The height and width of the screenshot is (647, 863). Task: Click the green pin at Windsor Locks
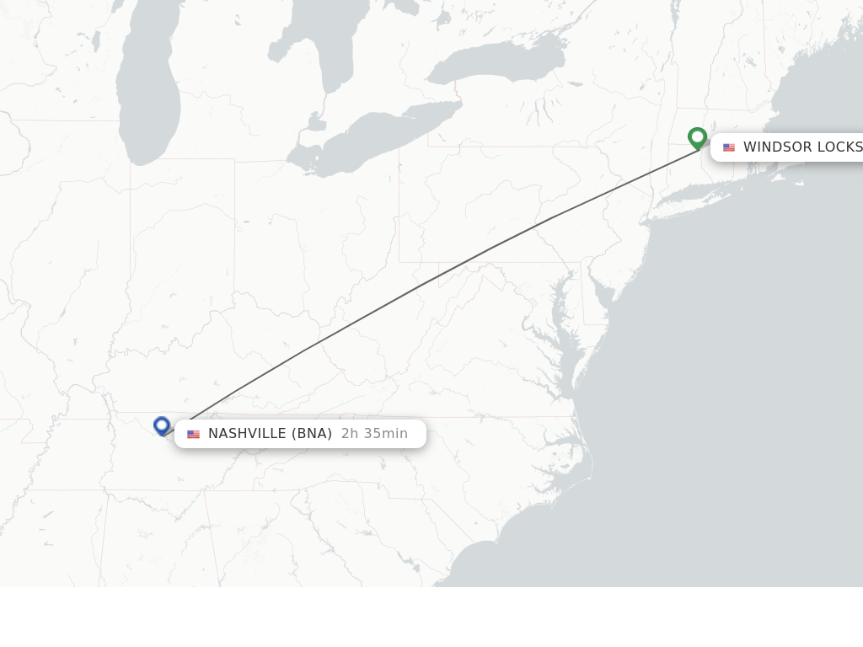point(697,137)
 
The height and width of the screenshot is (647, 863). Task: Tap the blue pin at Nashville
point(162,425)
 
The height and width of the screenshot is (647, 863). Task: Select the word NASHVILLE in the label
point(247,434)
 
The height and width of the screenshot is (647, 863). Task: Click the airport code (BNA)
point(311,434)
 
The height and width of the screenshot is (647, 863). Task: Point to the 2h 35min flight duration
point(374,434)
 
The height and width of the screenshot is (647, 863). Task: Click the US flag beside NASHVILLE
point(194,435)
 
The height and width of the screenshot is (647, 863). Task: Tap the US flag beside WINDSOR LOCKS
point(729,147)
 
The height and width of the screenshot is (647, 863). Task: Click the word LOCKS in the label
point(839,147)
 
